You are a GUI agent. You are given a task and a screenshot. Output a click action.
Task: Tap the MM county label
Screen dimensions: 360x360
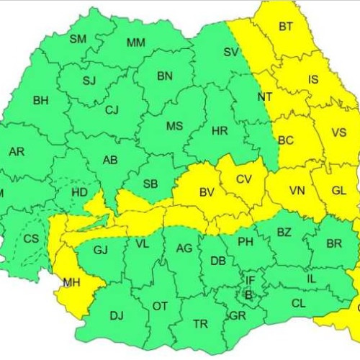pos(135,42)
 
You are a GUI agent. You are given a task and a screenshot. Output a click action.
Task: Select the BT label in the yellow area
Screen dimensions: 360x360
pos(286,27)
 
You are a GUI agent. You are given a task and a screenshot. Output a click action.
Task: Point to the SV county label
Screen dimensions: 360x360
pos(230,52)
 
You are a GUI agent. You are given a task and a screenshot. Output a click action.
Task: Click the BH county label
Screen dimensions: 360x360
pos(40,101)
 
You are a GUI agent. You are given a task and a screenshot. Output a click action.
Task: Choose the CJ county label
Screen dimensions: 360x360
pos(112,110)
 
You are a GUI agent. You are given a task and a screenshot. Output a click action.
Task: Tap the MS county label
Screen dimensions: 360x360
pos(174,127)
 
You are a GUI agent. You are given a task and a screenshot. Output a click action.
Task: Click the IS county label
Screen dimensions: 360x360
pos(313,80)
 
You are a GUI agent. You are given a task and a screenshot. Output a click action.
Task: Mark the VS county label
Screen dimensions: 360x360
pos(338,132)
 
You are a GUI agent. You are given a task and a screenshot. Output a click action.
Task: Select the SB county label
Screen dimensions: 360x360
pos(150,184)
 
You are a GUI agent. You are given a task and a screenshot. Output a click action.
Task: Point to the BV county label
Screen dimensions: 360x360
pos(207,192)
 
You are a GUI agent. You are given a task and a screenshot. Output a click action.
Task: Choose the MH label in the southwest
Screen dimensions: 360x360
pos(71,283)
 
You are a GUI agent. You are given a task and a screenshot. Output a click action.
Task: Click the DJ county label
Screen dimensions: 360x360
pos(117,315)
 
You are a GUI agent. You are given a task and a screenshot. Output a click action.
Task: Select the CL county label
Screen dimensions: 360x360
pos(298,303)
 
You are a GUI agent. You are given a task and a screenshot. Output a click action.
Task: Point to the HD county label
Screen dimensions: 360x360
pos(81,192)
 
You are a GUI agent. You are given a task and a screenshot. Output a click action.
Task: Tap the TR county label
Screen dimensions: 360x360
pos(201,325)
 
